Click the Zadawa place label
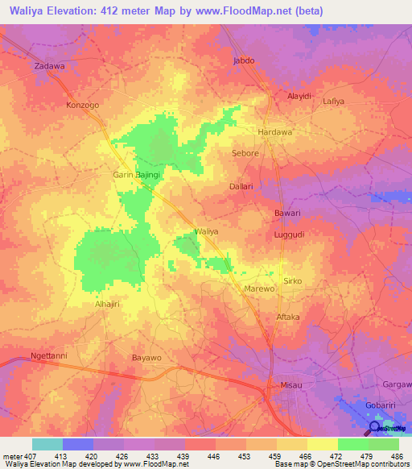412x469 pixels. click(48, 66)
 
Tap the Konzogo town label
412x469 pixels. click(83, 106)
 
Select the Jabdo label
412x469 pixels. click(243, 60)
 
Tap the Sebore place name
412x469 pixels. click(245, 153)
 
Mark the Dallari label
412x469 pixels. click(241, 186)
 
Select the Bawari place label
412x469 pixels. click(286, 214)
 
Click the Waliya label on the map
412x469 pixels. click(207, 231)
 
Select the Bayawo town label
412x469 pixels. click(146, 356)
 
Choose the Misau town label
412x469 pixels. click(290, 386)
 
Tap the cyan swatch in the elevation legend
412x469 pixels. click(47, 444)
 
